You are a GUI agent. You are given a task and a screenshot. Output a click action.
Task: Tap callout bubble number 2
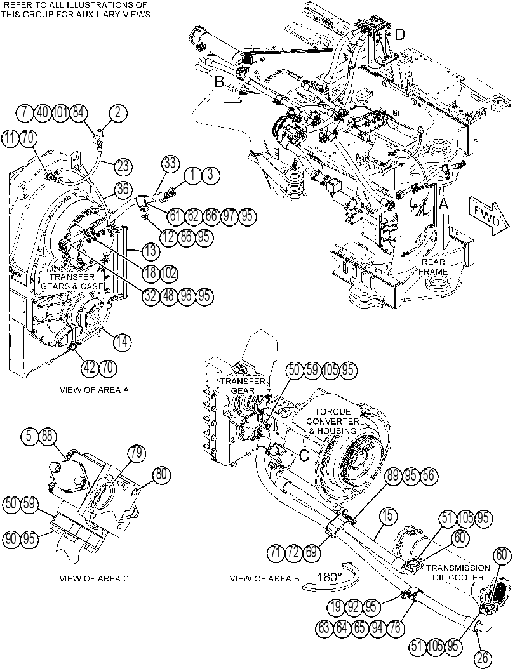pyautogui.click(x=119, y=113)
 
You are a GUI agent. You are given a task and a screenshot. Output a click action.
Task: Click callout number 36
pyautogui.click(x=123, y=190)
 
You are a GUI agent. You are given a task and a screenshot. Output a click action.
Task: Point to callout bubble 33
pyautogui.click(x=170, y=163)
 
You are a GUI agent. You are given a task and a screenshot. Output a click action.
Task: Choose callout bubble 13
pyautogui.click(x=150, y=251)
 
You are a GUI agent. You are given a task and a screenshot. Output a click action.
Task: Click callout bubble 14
pyautogui.click(x=123, y=341)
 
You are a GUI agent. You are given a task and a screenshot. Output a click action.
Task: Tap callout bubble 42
pyautogui.click(x=90, y=368)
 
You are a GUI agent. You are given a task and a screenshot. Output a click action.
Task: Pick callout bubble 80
pyautogui.click(x=161, y=475)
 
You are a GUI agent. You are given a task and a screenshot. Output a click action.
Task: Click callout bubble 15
pyautogui.click(x=388, y=515)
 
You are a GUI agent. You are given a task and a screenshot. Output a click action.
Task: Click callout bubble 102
pyautogui.click(x=169, y=273)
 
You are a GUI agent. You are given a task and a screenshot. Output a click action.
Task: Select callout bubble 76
pyautogui.click(x=396, y=627)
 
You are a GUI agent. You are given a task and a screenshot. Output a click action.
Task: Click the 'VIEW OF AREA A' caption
pyautogui.click(x=94, y=390)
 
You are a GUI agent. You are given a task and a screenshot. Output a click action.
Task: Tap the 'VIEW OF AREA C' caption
pyautogui.click(x=94, y=578)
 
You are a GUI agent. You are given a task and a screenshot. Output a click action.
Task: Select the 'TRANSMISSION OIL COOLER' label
pyautogui.click(x=458, y=572)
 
